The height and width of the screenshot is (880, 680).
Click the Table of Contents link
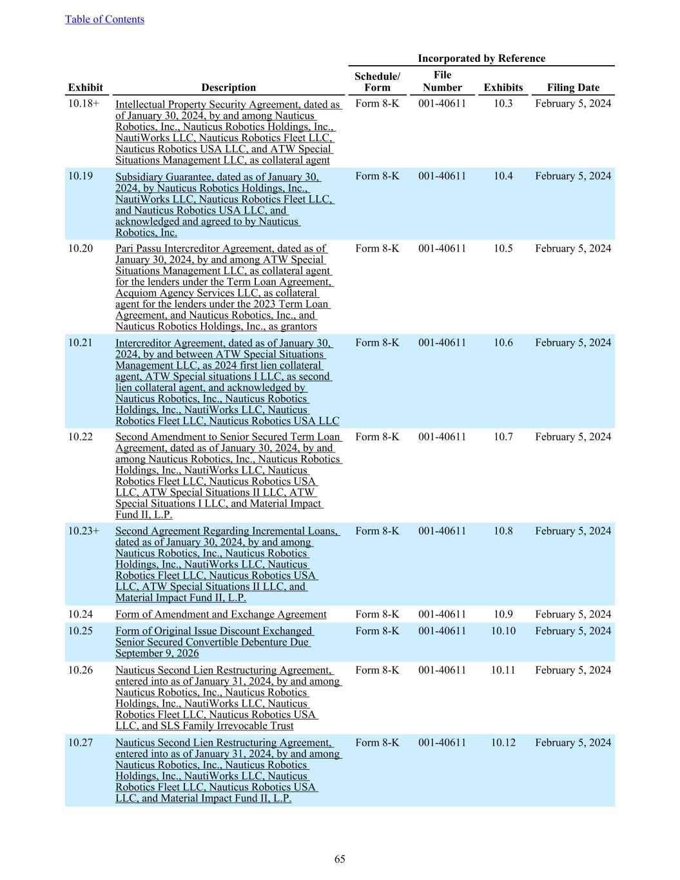point(104,19)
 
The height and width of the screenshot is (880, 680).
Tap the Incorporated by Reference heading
point(481,59)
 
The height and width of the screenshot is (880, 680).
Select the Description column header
point(228,88)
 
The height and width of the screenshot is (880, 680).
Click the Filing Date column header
point(572,88)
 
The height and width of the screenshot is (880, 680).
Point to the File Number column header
point(442,81)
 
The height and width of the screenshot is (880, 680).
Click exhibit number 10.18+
point(84,103)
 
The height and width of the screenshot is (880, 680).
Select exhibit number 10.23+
point(84,531)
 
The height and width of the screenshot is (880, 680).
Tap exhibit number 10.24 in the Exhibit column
point(81,614)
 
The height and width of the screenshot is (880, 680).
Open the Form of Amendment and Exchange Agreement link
point(220,614)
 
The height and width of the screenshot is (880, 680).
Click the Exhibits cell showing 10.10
point(503,631)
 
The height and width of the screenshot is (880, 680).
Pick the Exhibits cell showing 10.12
point(503,743)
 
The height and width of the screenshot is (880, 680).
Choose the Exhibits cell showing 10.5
point(503,248)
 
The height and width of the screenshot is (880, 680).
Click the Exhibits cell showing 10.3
point(503,103)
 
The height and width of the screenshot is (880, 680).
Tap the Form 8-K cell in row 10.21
point(377,342)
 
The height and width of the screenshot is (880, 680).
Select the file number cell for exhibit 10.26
point(442,670)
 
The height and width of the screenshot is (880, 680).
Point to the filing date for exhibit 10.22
point(572,436)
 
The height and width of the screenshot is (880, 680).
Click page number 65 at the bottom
point(340,859)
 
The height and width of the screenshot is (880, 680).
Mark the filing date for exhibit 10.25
point(572,631)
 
